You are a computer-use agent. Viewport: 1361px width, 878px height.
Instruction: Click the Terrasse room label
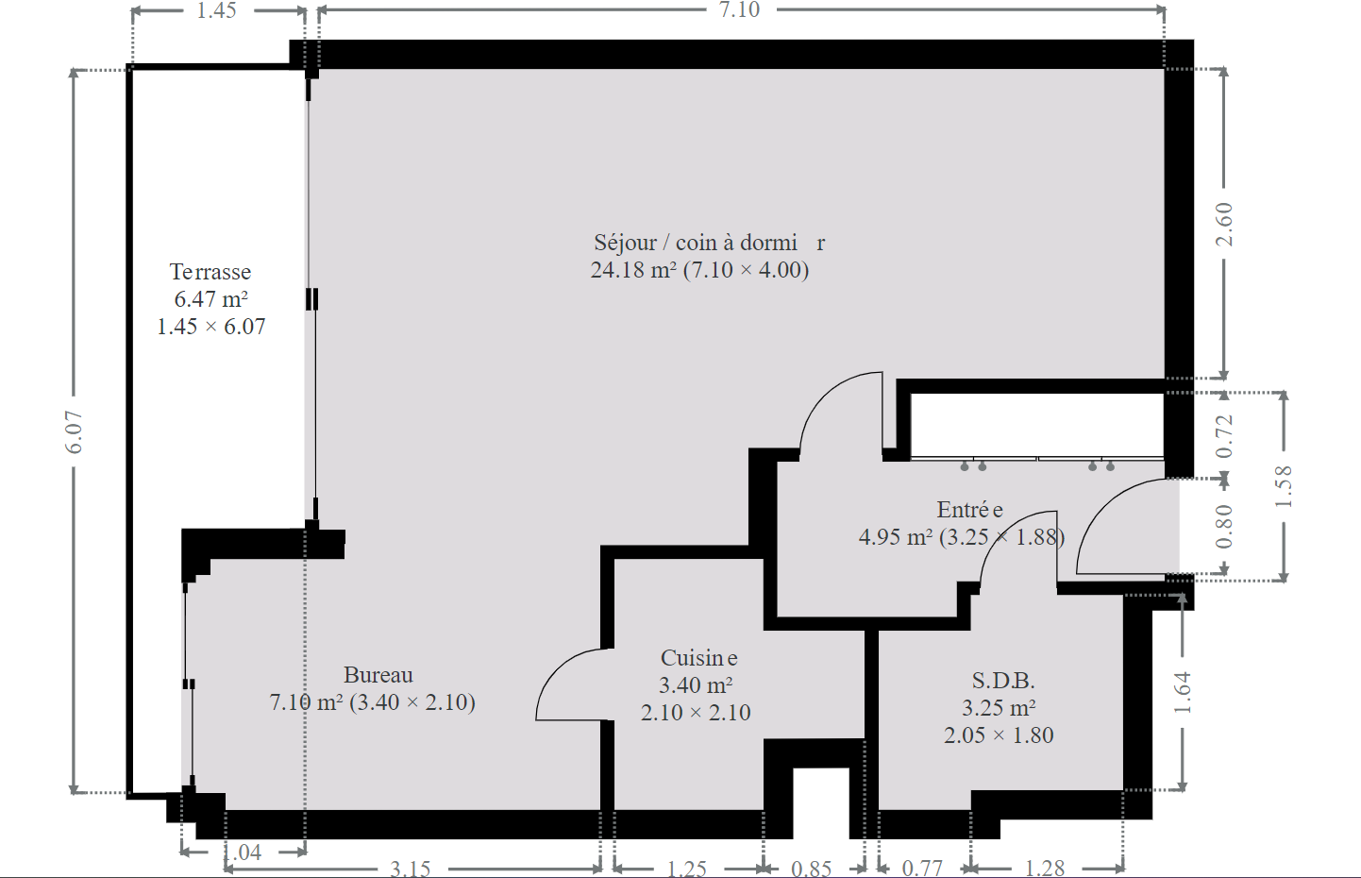(x=210, y=272)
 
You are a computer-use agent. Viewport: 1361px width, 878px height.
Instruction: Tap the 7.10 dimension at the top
(x=739, y=9)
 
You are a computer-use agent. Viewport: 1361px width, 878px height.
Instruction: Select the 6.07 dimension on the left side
(x=74, y=432)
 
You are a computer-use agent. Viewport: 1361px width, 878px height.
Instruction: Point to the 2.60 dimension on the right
(x=1224, y=224)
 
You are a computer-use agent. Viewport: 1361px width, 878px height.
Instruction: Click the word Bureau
(x=378, y=675)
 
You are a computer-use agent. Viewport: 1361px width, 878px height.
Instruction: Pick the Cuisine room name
(x=698, y=658)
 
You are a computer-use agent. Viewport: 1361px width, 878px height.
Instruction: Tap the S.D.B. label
(x=1002, y=681)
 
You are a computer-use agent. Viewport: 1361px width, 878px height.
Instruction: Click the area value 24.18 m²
(x=633, y=270)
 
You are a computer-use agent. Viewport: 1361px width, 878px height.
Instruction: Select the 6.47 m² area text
(x=210, y=299)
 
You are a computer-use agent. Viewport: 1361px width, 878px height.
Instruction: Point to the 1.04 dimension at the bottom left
(x=243, y=853)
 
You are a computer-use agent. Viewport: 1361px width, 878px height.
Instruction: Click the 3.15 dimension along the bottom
(x=410, y=869)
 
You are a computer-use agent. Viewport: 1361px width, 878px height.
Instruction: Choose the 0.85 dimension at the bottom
(x=811, y=869)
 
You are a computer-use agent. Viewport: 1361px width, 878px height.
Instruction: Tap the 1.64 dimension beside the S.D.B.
(x=1183, y=692)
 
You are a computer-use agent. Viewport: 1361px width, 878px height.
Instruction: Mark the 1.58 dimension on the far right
(x=1283, y=487)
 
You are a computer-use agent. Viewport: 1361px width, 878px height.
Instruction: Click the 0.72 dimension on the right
(x=1224, y=435)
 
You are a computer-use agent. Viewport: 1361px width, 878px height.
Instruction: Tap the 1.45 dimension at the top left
(x=216, y=10)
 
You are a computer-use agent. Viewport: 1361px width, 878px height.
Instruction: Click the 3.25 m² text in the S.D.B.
(x=999, y=708)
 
